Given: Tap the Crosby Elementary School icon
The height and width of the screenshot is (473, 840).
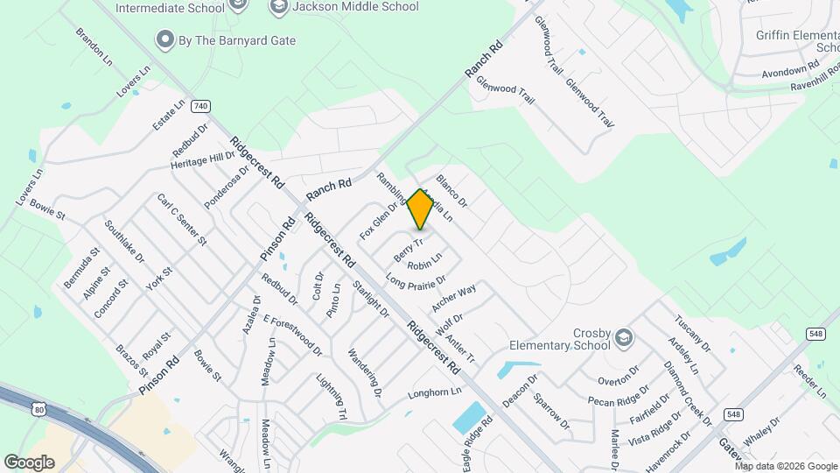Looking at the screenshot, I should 624,338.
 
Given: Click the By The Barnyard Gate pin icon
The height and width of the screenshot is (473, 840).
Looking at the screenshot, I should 163,39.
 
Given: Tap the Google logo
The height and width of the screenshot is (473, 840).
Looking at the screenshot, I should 29,462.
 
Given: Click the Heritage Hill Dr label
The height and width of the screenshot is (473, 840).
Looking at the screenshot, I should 203,160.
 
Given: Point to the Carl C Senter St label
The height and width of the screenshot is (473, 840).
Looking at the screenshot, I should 181,219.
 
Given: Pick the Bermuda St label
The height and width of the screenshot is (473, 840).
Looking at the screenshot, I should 78,268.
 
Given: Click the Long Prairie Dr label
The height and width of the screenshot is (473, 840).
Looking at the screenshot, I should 416,282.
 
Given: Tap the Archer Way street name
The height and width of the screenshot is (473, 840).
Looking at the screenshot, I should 453,298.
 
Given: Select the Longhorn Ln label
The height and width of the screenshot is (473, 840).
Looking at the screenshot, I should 434,394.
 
